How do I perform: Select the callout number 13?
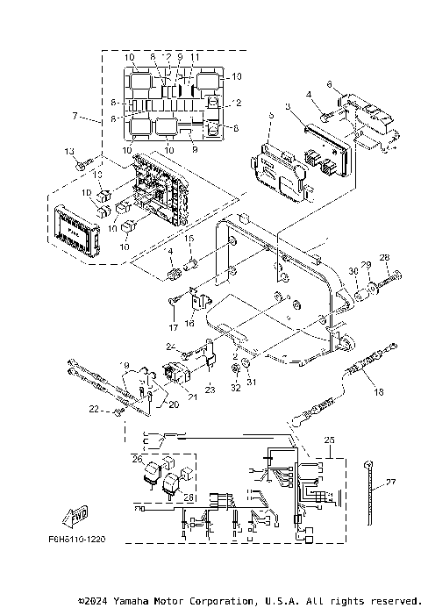(69, 152)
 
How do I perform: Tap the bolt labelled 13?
(81, 163)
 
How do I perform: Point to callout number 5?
(272, 115)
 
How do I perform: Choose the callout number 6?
(330, 84)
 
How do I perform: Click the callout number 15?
(187, 238)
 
